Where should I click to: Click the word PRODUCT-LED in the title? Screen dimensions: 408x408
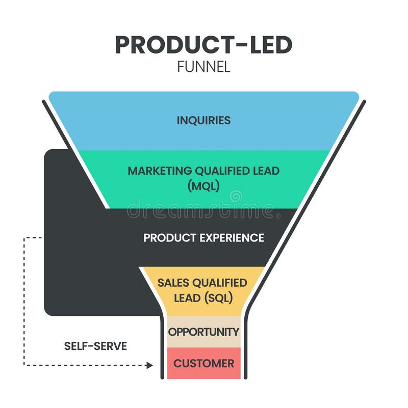[x=203, y=45]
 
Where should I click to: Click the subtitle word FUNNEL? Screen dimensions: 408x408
[x=203, y=67]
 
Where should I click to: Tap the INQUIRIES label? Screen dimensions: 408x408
[x=203, y=121]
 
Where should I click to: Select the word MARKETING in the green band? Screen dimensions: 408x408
[x=156, y=171]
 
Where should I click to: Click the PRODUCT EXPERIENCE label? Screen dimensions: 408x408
[x=203, y=238]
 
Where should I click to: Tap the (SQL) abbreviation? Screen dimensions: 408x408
[x=219, y=298]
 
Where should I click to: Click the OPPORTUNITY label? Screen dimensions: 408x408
[x=203, y=332]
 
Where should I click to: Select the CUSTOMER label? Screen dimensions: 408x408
[x=203, y=364]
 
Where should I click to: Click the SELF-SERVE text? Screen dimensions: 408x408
[x=95, y=346]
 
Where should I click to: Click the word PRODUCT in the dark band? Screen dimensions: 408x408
[x=163, y=238]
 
